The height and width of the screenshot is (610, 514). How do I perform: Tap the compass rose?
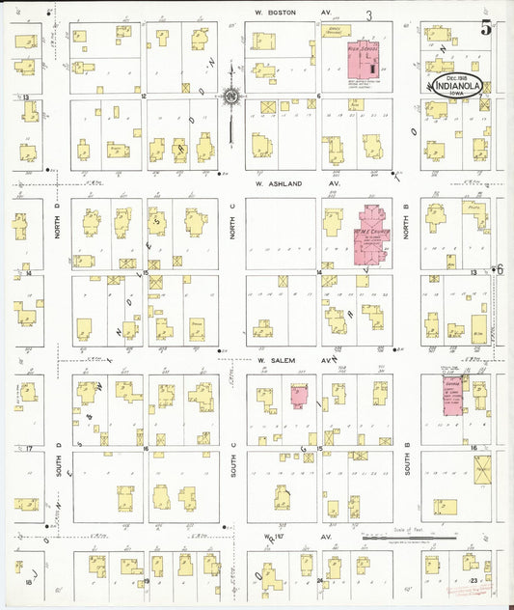[231, 96]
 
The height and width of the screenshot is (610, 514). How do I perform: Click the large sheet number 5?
[487, 28]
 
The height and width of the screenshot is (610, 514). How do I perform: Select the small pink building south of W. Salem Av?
[298, 396]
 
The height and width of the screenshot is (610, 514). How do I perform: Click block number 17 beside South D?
[30, 449]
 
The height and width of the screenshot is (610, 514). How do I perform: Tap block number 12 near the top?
[143, 97]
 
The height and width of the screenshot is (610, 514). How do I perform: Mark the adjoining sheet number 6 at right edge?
[500, 270]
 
